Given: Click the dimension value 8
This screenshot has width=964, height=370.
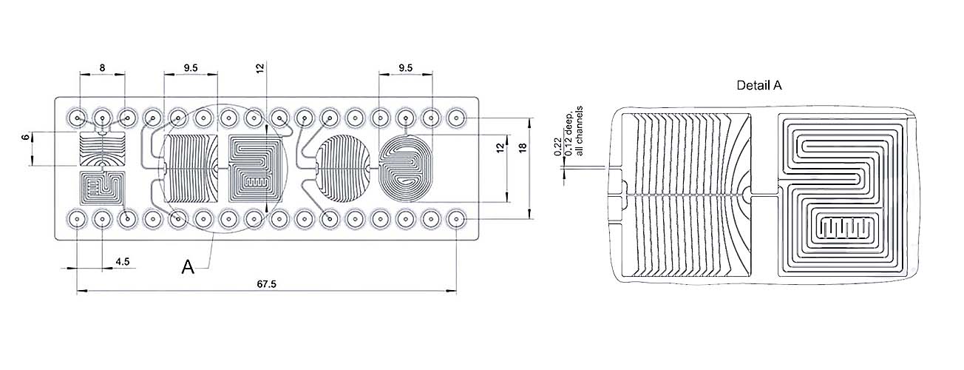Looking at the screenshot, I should [102, 67].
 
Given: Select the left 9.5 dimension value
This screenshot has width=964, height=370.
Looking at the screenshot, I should [191, 67].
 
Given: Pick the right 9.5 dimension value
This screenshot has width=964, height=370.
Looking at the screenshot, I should [405, 67].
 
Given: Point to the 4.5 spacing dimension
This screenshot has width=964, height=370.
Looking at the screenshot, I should [123, 261].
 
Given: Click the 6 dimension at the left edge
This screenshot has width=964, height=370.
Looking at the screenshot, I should [24, 138].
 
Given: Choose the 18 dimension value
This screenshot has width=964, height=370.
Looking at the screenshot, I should [523, 148].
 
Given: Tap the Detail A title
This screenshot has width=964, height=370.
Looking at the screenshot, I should [759, 86].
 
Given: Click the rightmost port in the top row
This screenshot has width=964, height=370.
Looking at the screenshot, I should [456, 118].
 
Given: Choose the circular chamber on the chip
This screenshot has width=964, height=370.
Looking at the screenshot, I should [342, 169].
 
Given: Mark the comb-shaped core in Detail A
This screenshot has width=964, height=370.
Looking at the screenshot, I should [847, 226].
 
